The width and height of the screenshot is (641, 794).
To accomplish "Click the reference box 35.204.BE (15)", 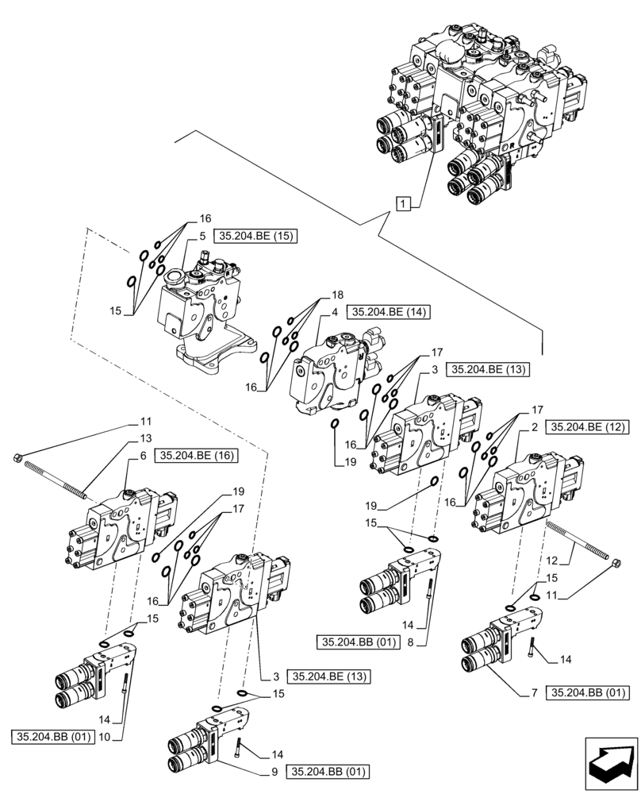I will (x=253, y=237).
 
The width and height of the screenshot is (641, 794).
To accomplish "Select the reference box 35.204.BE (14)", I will (x=388, y=312).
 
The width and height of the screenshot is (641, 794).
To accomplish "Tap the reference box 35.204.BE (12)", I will (x=587, y=427).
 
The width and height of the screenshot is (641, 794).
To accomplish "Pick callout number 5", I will (x=202, y=237).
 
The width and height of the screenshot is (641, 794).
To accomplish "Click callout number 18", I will (x=324, y=295).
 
